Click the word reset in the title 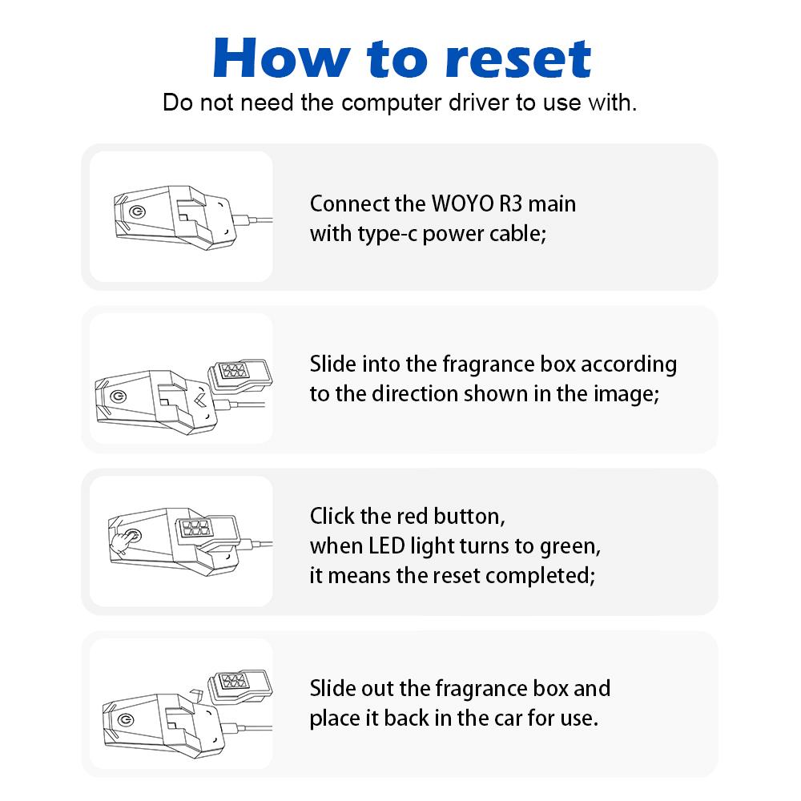pos(518,58)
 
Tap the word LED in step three pos(386,546)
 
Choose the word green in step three pos(566,546)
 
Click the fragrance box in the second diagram pos(238,372)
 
